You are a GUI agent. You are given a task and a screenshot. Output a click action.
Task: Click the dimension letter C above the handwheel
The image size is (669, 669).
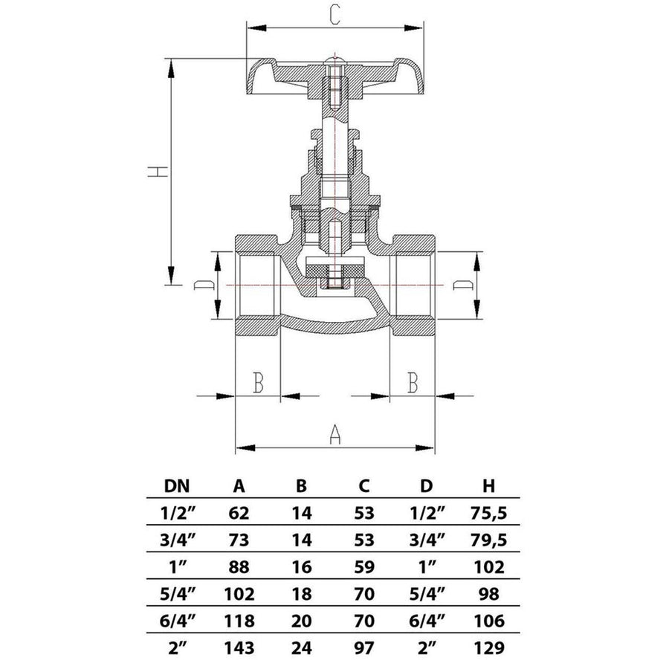(334, 15)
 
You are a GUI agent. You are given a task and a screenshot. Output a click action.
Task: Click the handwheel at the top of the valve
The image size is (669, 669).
(334, 79)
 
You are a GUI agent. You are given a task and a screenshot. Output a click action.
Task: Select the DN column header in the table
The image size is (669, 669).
(176, 487)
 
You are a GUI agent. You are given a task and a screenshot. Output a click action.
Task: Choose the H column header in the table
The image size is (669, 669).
(488, 487)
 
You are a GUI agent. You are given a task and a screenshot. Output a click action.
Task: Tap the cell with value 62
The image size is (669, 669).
(239, 512)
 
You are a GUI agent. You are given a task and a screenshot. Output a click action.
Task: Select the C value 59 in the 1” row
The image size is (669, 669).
(363, 566)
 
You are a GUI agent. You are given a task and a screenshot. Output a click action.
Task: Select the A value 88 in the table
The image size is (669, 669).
(239, 566)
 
